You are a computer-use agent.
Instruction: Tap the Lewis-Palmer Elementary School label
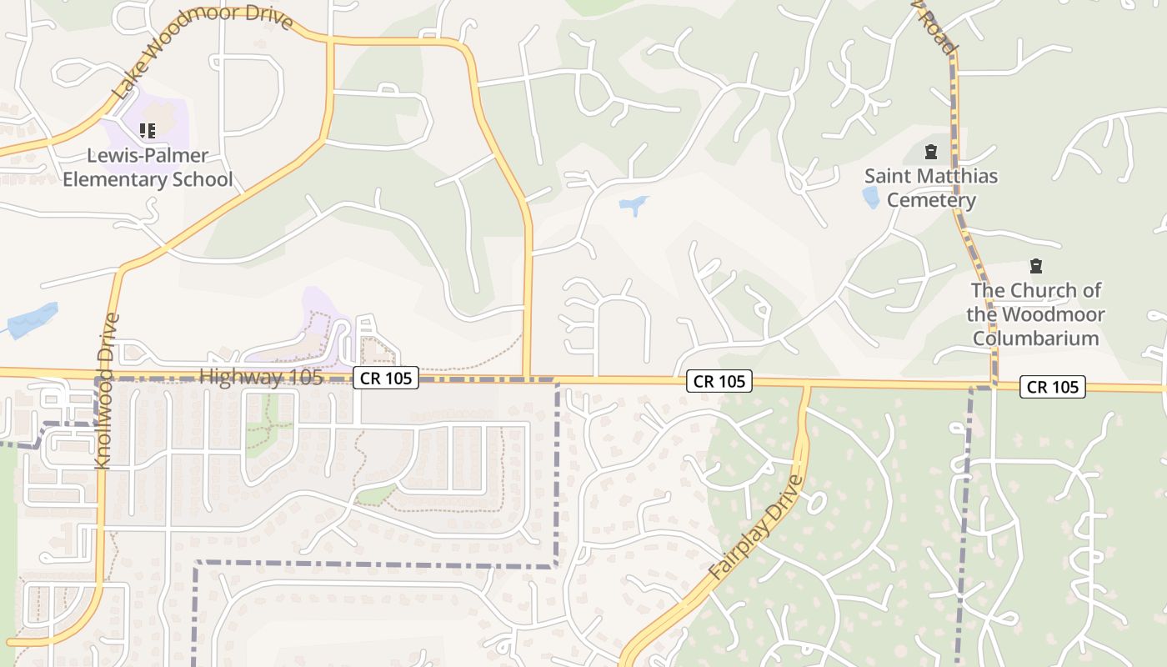tap(148, 168)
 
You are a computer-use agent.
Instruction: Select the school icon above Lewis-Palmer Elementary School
tap(148, 131)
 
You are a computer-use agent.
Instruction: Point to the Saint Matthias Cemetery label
tap(930, 188)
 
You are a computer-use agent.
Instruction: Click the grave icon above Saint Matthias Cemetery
tap(930, 153)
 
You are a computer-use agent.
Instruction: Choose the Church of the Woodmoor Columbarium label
tap(1035, 314)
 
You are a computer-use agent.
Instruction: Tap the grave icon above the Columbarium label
tap(1035, 267)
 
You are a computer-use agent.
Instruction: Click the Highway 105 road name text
tap(261, 377)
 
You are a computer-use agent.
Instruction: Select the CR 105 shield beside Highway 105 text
tap(385, 378)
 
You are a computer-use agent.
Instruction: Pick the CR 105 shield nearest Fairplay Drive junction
tap(719, 381)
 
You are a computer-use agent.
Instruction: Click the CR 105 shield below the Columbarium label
tap(1053, 386)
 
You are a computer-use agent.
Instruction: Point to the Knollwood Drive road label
tap(105, 391)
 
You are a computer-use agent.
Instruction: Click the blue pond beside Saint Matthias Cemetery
tap(870, 198)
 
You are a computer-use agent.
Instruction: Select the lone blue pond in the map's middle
tap(634, 203)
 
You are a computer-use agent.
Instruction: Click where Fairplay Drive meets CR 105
tap(806, 384)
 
